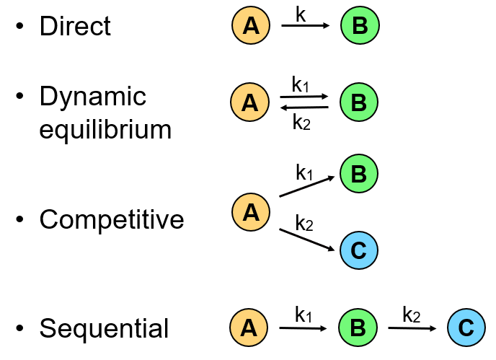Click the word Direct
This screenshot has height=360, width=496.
click(75, 27)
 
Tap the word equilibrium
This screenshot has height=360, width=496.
click(105, 130)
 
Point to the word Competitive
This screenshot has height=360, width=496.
click(112, 219)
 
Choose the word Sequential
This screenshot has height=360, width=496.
click(104, 328)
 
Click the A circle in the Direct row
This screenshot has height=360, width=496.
click(250, 26)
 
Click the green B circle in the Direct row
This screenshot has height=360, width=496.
click(360, 26)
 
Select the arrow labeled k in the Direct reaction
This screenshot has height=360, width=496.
click(305, 26)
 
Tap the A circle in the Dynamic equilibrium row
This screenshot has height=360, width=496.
click(250, 102)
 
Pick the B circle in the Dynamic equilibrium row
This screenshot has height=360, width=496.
click(358, 102)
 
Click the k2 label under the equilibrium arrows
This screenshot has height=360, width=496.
click(301, 122)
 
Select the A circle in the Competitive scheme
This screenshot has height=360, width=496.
click(250, 212)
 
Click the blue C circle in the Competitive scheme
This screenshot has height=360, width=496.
click(358, 250)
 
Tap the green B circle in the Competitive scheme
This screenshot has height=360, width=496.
click(358, 174)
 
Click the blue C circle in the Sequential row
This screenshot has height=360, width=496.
click(466, 328)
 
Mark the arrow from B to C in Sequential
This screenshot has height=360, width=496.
click(412, 328)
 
